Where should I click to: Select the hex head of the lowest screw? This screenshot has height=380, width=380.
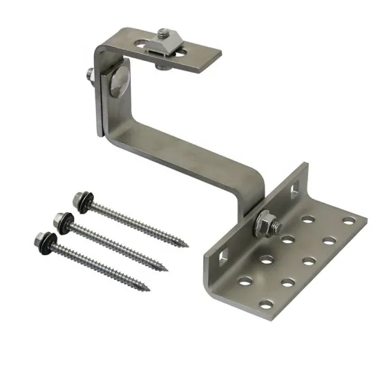click(39, 239)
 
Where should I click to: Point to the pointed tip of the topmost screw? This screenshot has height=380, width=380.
click(187, 245)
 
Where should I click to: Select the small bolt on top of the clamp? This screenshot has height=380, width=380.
click(164, 32)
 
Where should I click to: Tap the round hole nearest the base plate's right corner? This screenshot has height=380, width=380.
click(348, 221)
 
